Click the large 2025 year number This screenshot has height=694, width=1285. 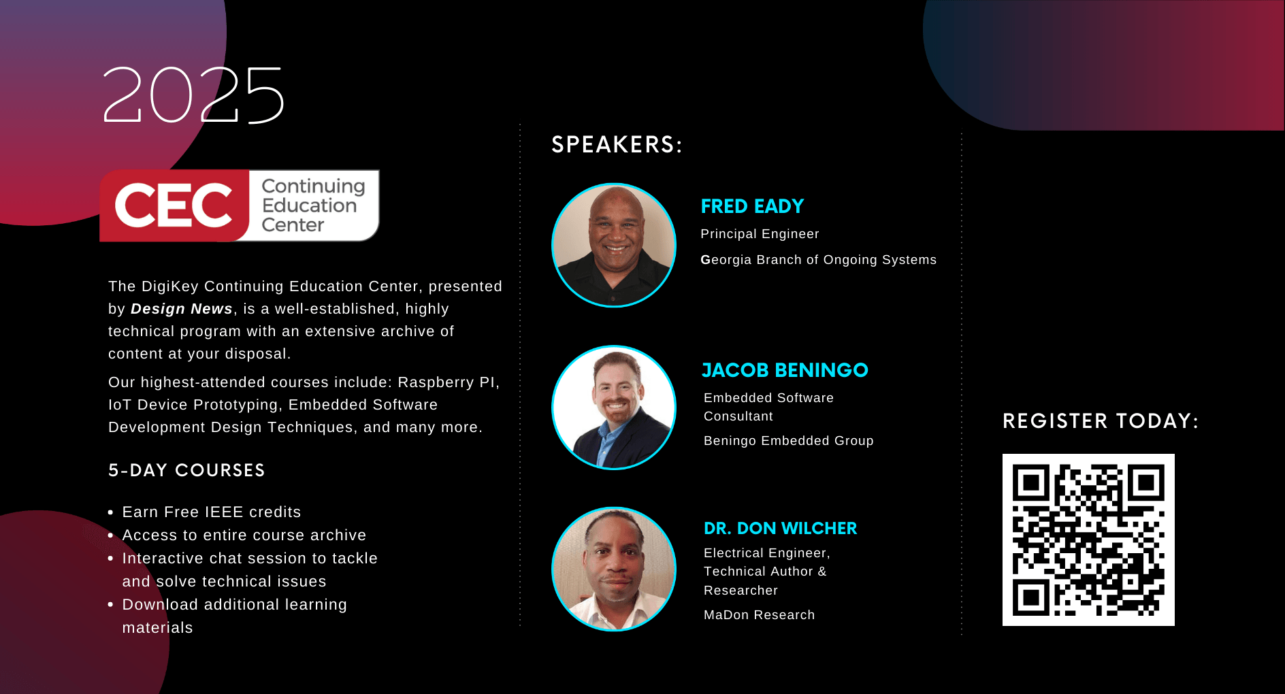pyautogui.click(x=193, y=95)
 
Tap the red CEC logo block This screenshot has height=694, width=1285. pyautogui.click(x=175, y=205)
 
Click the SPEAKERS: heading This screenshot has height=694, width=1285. pyautogui.click(x=617, y=144)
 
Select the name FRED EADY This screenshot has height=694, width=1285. pyautogui.click(x=752, y=206)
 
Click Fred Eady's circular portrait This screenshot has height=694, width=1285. pyautogui.click(x=614, y=245)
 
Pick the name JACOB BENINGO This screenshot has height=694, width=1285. pyautogui.click(x=785, y=370)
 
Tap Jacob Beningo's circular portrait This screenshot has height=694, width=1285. pyautogui.click(x=614, y=408)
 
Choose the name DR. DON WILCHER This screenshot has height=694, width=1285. pyautogui.click(x=780, y=529)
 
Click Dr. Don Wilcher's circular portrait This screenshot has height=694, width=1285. pyautogui.click(x=614, y=569)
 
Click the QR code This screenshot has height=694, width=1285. pyautogui.click(x=1088, y=540)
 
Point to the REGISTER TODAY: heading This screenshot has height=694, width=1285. pyautogui.click(x=1101, y=421)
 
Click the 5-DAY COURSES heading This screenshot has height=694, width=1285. pyautogui.click(x=186, y=470)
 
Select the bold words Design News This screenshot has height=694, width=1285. pyautogui.click(x=182, y=309)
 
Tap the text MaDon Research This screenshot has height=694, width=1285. pyautogui.click(x=759, y=615)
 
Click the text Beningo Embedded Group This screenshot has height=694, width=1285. pyautogui.click(x=788, y=441)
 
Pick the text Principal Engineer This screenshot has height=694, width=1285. pyautogui.click(x=760, y=234)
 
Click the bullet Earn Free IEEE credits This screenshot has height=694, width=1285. pyautogui.click(x=212, y=512)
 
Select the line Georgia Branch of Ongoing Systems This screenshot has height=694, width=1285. pyautogui.click(x=819, y=260)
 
